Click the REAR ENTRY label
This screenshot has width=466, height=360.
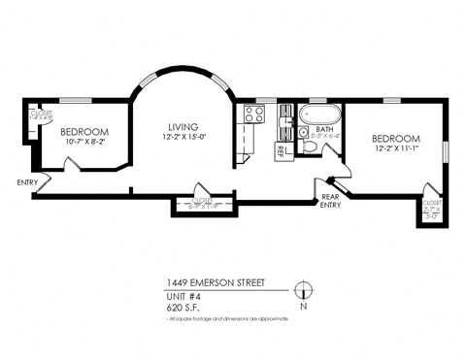point(332,200)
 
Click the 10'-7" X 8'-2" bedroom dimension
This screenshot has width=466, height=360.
point(83,143)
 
